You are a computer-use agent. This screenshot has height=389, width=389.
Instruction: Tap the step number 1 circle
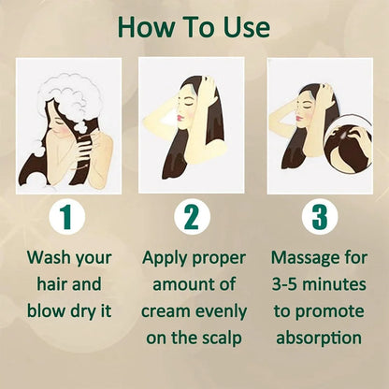click(x=65, y=217)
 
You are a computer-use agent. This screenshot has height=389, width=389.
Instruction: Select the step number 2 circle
click(x=191, y=217)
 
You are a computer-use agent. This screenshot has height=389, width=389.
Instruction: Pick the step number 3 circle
click(x=319, y=217)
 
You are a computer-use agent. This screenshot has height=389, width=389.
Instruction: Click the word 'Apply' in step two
click(x=169, y=256)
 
